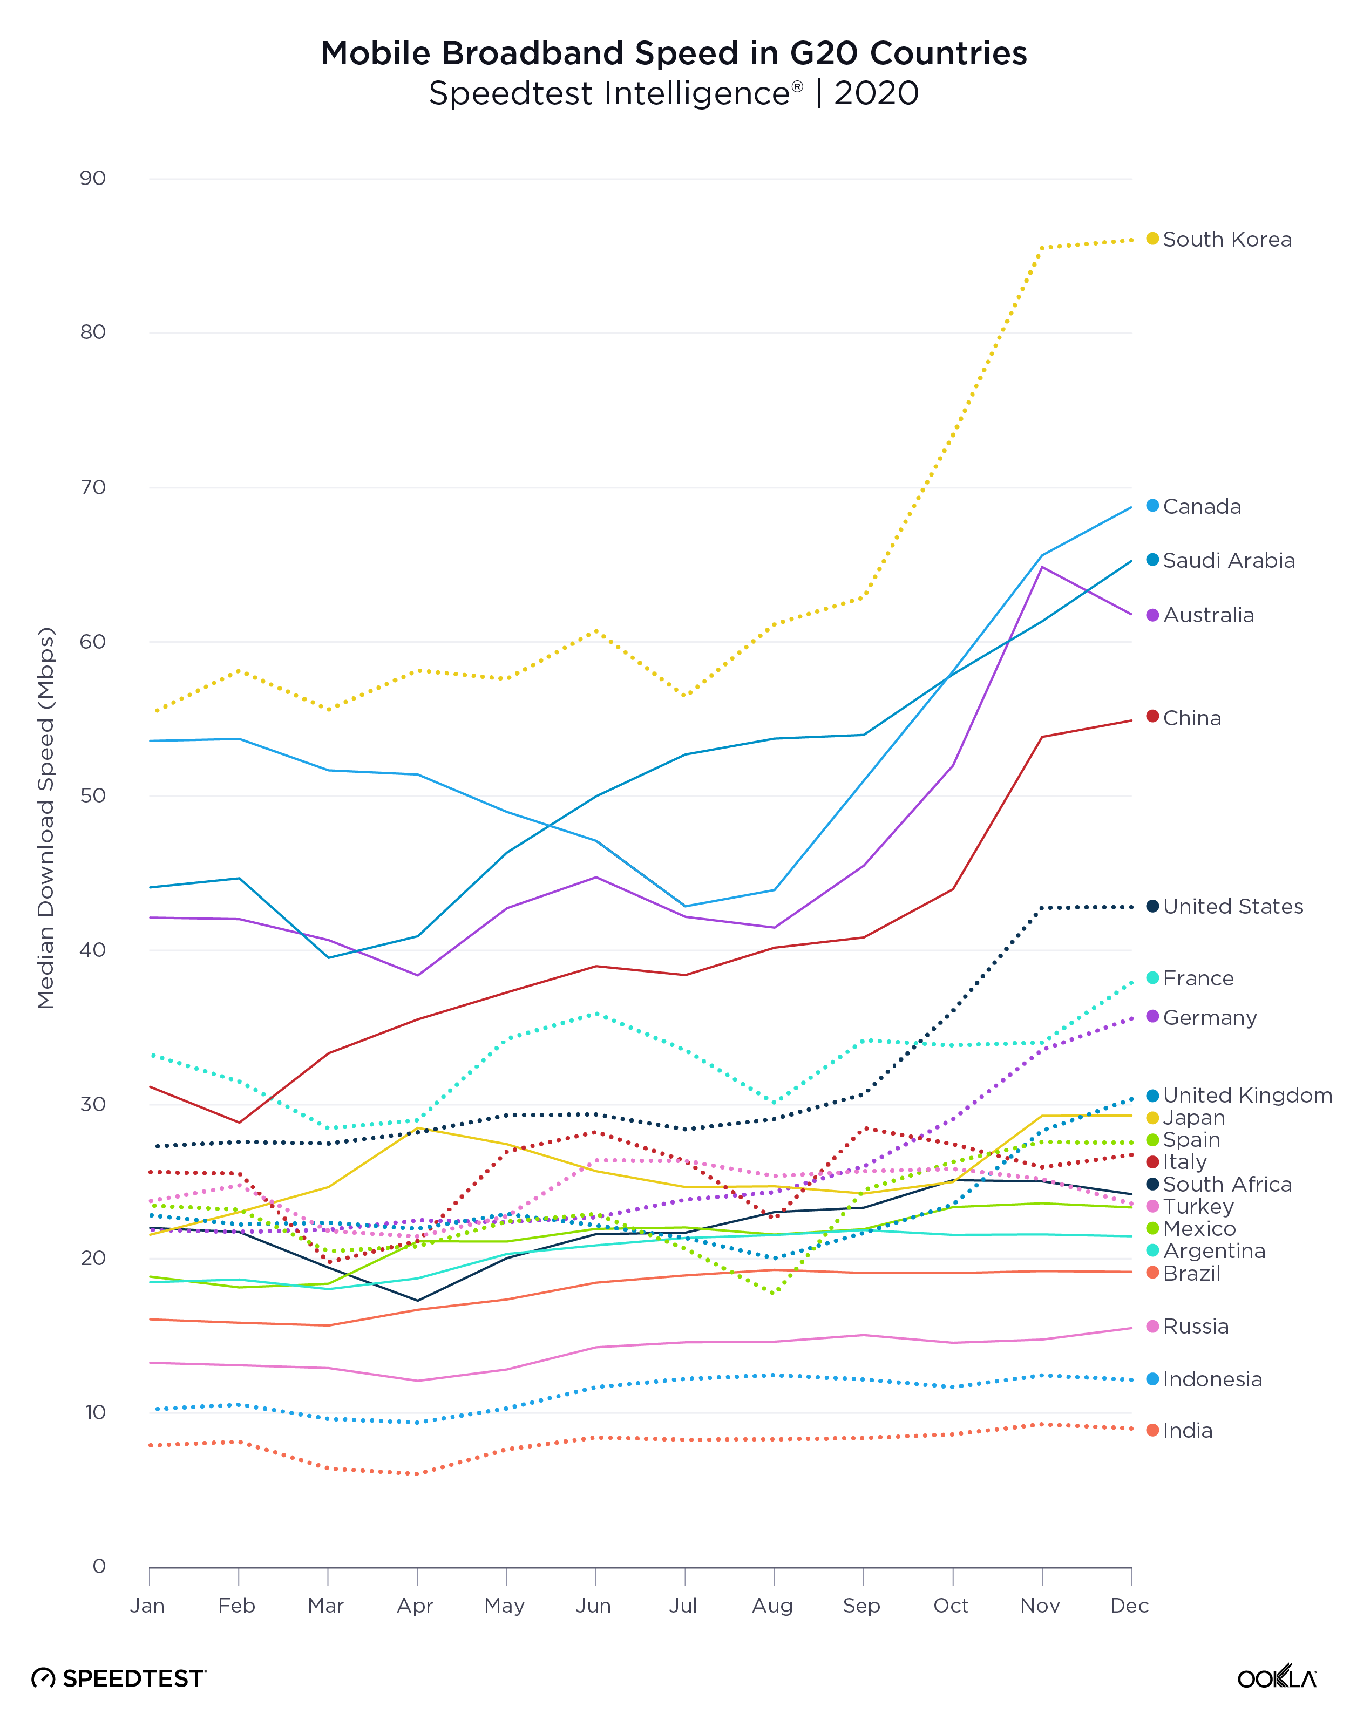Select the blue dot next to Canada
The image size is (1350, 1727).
click(x=1152, y=505)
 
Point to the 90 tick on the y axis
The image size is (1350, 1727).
click(x=92, y=178)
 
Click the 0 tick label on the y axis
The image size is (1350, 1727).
click(x=99, y=1566)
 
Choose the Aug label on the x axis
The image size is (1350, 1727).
click(x=772, y=1606)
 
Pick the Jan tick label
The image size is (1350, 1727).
click(x=147, y=1606)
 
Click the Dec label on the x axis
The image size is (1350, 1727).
click(x=1129, y=1606)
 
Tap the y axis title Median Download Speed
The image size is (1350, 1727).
click(x=46, y=818)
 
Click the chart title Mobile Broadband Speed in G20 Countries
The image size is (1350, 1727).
click(x=674, y=53)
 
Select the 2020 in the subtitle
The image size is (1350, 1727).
click(x=876, y=93)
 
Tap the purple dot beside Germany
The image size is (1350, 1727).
click(x=1152, y=1016)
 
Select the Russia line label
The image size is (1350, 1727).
click(x=1195, y=1326)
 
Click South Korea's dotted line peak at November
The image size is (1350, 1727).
click(x=1042, y=248)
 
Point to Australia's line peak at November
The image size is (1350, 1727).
click(x=1042, y=567)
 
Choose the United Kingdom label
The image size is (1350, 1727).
click(x=1246, y=1095)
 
